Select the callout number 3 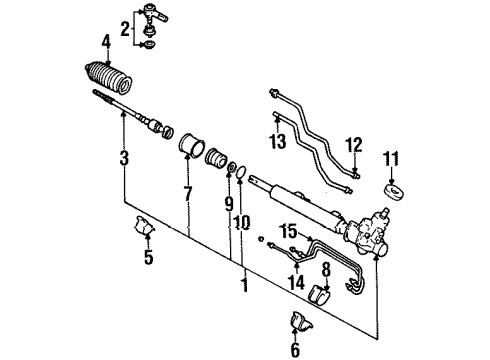click(x=124, y=158)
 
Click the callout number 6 click(x=294, y=349)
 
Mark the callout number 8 click(x=326, y=269)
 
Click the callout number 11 click(x=391, y=157)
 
